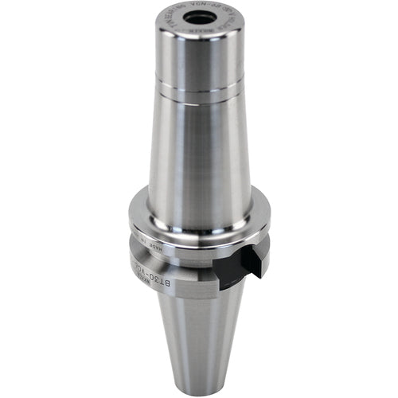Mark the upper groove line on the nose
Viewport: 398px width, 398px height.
(x=199, y=79)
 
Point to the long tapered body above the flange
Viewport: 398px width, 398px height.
(x=199, y=151)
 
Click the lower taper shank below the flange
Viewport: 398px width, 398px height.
(x=199, y=342)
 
